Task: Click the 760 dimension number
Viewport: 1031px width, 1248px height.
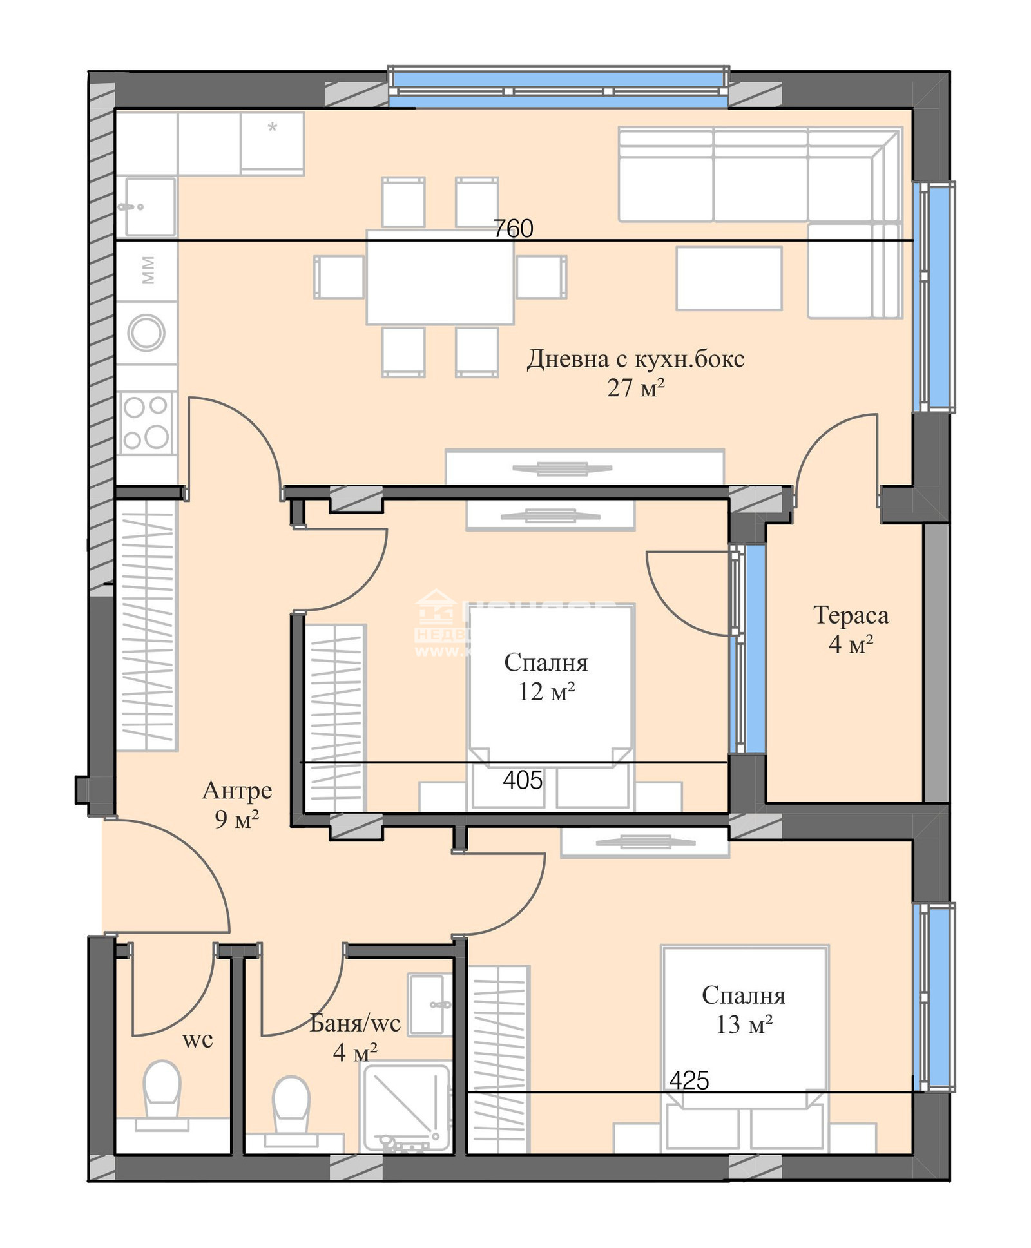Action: pyautogui.click(x=513, y=228)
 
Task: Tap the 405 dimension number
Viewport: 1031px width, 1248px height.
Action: pyautogui.click(x=522, y=780)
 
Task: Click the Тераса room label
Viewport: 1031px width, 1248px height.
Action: pyautogui.click(x=851, y=615)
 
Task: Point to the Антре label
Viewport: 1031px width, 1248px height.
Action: pyautogui.click(x=236, y=790)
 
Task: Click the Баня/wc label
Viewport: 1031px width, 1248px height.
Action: pyautogui.click(x=355, y=1022)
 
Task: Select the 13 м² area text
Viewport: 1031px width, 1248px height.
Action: pyautogui.click(x=744, y=1024)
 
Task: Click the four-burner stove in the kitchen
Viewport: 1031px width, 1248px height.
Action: pyautogui.click(x=146, y=423)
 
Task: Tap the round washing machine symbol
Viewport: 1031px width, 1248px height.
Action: pyautogui.click(x=146, y=333)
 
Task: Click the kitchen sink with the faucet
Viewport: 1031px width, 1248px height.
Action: pyautogui.click(x=149, y=206)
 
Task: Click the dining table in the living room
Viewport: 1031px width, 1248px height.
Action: pyautogui.click(x=440, y=277)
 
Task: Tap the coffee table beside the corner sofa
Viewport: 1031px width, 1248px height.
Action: pyautogui.click(x=728, y=278)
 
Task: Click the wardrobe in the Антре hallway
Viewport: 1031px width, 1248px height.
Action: pyautogui.click(x=146, y=625)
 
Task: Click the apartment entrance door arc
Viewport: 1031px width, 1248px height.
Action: pyautogui.click(x=187, y=863)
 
